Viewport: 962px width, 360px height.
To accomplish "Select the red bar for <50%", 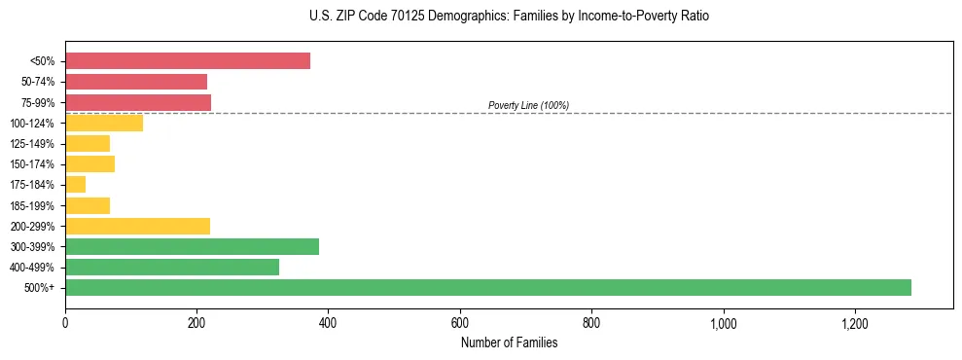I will tap(188, 60).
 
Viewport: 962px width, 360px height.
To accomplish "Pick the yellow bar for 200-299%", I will tap(137, 226).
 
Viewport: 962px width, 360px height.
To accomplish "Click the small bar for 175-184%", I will tap(75, 184).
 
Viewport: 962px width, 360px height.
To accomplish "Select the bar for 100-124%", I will tap(104, 123).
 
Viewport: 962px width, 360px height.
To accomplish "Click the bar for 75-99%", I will tap(138, 102).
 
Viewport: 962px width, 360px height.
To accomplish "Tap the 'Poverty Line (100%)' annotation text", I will tap(528, 105).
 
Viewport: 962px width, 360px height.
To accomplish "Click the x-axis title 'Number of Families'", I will tap(509, 342).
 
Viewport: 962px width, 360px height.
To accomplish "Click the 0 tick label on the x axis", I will tap(65, 323).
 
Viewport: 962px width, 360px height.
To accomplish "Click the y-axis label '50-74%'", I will tap(38, 82).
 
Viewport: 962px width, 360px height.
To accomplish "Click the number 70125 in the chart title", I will tap(402, 17).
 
